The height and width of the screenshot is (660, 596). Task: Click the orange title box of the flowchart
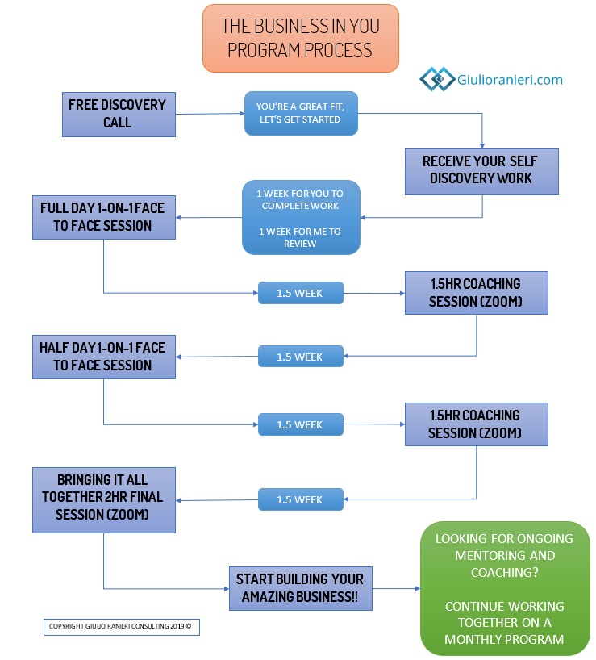(x=299, y=37)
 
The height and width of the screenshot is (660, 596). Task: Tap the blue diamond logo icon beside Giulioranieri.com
(x=436, y=79)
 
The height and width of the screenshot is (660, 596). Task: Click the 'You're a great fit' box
(x=298, y=113)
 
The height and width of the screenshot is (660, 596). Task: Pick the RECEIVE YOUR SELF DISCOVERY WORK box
(x=481, y=169)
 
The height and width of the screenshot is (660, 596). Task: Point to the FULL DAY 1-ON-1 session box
(x=103, y=217)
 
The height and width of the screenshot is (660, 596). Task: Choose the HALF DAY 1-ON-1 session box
(x=103, y=357)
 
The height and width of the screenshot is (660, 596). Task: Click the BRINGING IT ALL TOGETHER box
(x=103, y=499)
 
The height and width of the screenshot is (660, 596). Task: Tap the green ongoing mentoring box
(x=505, y=587)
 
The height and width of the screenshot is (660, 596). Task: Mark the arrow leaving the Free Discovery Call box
(x=210, y=114)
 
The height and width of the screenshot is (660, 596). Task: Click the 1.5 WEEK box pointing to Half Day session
(x=300, y=357)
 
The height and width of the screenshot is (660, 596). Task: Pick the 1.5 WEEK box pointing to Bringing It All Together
(x=300, y=499)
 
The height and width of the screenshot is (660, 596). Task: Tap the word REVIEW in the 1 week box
(x=300, y=243)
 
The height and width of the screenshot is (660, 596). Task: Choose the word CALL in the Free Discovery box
(x=117, y=123)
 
